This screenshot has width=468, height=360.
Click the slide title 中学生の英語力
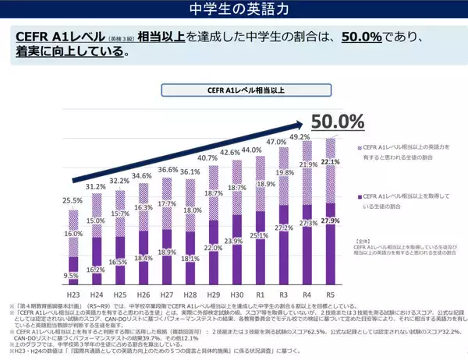[x=234, y=10]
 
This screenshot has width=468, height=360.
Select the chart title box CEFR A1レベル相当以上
[x=233, y=90]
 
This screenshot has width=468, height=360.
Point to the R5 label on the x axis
[x=330, y=296]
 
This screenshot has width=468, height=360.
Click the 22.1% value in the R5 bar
[x=330, y=162]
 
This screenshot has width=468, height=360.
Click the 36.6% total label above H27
[x=168, y=170]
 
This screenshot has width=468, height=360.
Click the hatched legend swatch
[x=357, y=146]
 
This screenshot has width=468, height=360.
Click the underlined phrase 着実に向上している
[x=69, y=54]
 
